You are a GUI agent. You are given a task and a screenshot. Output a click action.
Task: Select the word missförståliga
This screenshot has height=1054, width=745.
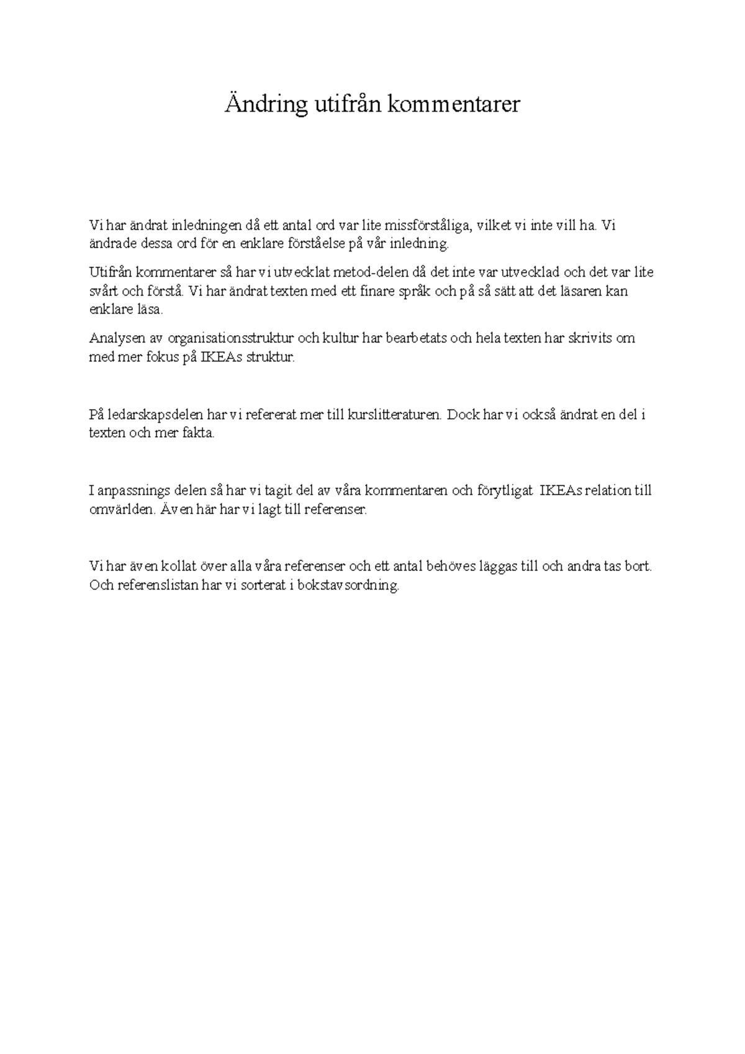click(428, 225)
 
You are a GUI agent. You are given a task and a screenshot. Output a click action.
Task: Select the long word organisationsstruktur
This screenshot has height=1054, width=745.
click(231, 339)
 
